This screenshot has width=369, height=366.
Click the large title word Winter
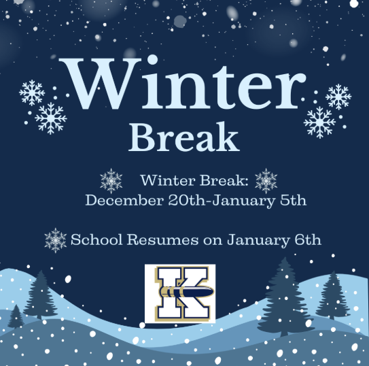[183, 84]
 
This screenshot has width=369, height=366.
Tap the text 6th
[306, 239]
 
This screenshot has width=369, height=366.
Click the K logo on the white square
[179, 293]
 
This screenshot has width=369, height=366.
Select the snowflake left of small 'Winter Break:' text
[111, 180]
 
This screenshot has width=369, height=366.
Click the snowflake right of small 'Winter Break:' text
[266, 180]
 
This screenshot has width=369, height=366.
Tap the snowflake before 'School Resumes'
[55, 239]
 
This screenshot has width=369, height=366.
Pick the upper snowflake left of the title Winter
[32, 92]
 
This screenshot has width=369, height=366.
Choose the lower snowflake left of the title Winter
[51, 118]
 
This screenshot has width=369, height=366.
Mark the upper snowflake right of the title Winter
[338, 97]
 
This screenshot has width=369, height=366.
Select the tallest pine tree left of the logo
[41, 296]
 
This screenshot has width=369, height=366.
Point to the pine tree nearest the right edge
[332, 296]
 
